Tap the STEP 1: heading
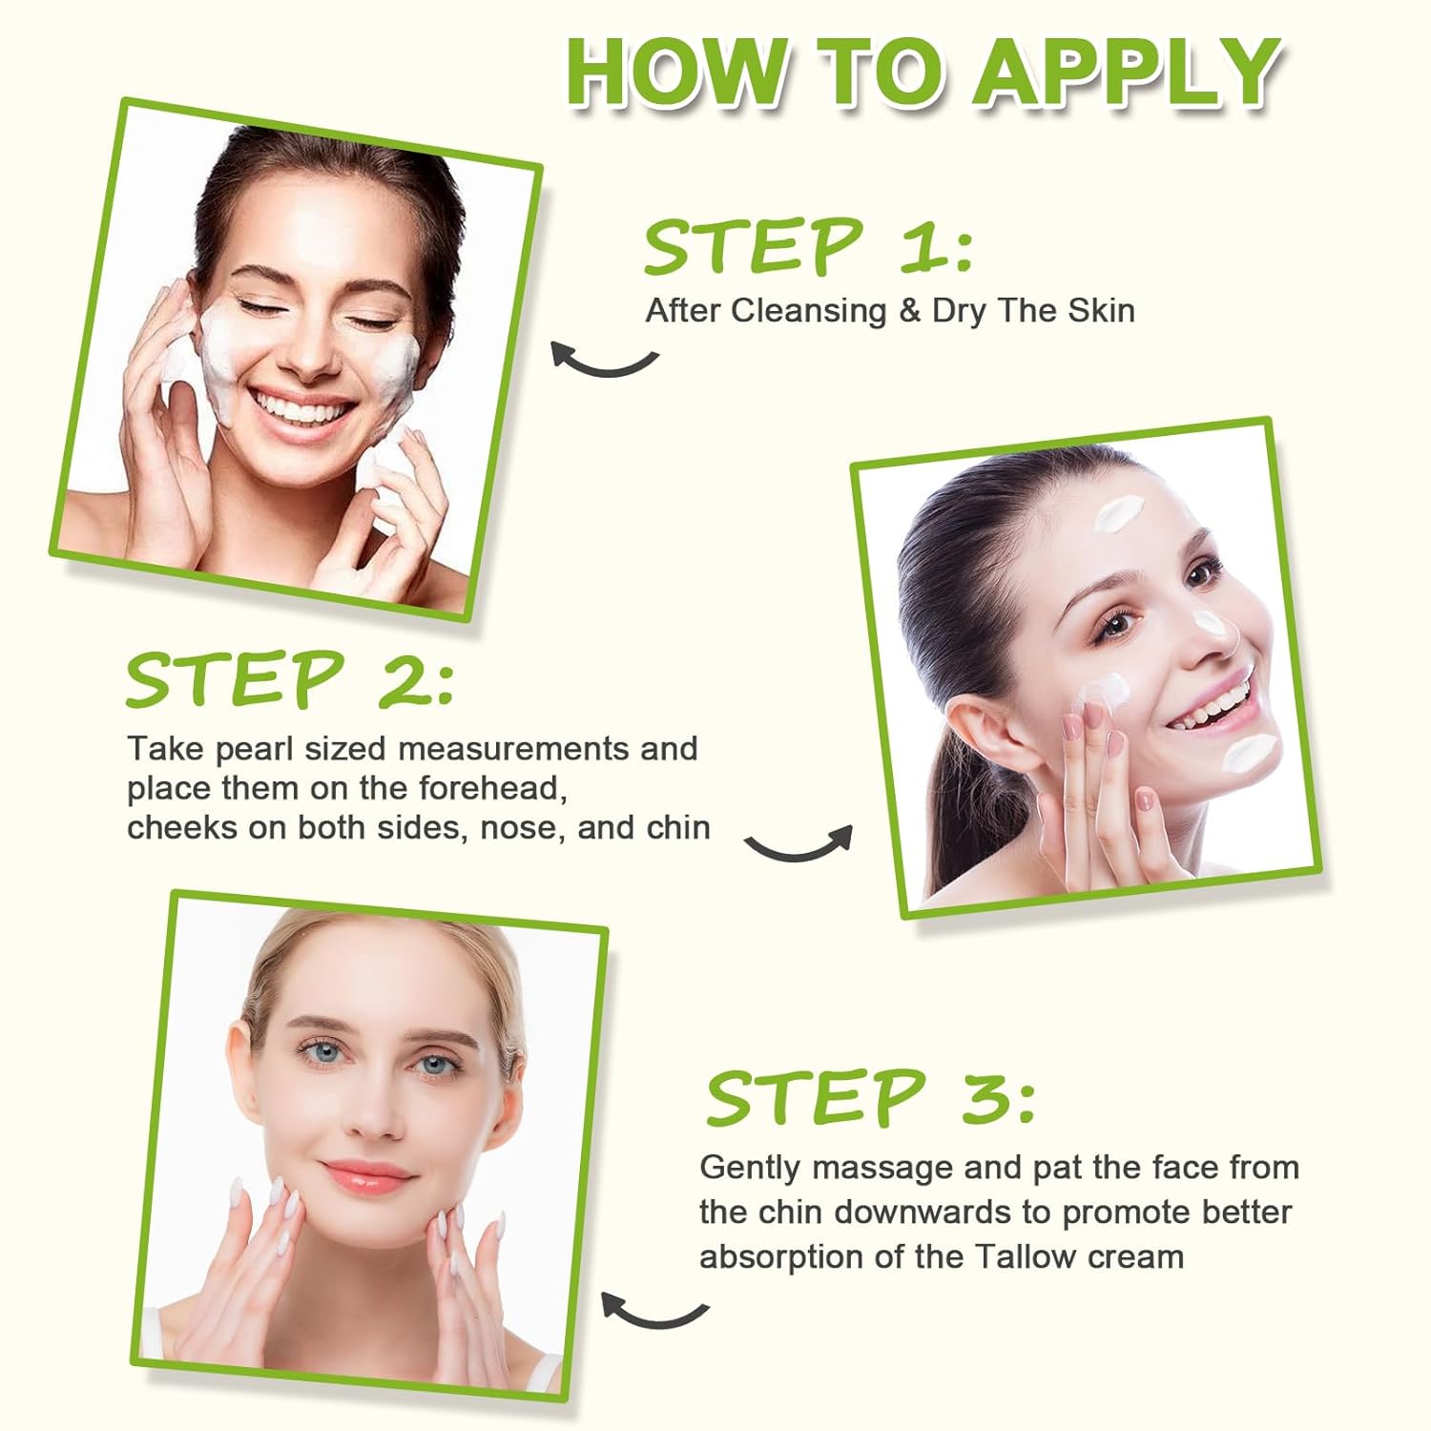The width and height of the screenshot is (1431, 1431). pos(808,246)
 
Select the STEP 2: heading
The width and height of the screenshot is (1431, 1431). pos(289,679)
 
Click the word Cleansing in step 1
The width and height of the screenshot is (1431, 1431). pos(809,311)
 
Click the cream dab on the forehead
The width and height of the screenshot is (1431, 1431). pos(1113,515)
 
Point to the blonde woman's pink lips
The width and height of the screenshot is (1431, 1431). pos(368,1172)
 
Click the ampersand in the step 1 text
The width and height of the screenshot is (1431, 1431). pos(909,311)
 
